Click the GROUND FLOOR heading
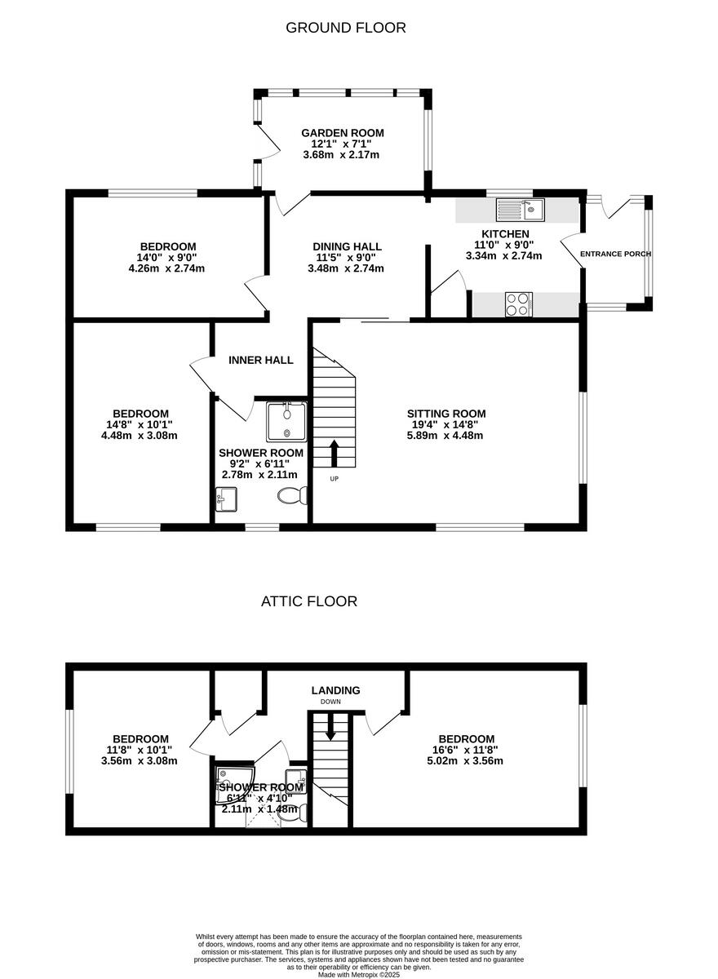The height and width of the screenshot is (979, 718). pyautogui.click(x=345, y=28)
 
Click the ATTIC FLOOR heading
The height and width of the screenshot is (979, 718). pyautogui.click(x=308, y=601)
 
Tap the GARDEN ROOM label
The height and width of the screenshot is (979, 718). pyautogui.click(x=342, y=133)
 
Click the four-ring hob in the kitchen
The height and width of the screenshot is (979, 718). pyautogui.click(x=518, y=304)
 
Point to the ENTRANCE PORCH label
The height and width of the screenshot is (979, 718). pyautogui.click(x=615, y=254)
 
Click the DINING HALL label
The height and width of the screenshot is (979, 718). pyautogui.click(x=347, y=246)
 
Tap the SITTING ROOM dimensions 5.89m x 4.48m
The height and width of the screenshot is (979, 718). pyautogui.click(x=445, y=435)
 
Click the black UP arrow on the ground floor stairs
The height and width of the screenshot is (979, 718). pyautogui.click(x=334, y=453)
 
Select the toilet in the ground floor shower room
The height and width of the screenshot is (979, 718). pyautogui.click(x=291, y=495)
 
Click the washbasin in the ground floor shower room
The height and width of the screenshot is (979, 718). pyautogui.click(x=226, y=498)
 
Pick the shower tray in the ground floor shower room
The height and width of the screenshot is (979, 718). pyautogui.click(x=286, y=421)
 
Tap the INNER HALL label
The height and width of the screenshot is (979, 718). pyautogui.click(x=260, y=360)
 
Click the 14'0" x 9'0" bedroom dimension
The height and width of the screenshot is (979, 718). pyautogui.click(x=167, y=257)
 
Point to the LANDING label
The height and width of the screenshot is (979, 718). pyautogui.click(x=335, y=690)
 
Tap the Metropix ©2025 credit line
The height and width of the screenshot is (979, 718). pyautogui.click(x=358, y=974)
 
